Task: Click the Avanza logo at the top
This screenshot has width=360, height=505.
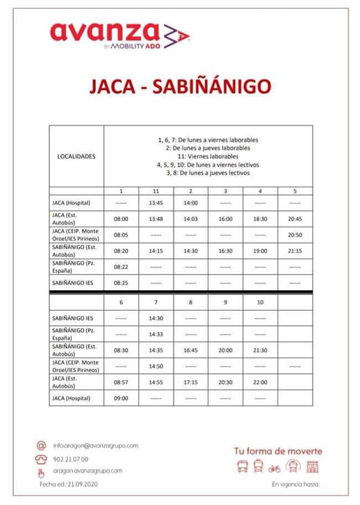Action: pyautogui.click(x=120, y=34)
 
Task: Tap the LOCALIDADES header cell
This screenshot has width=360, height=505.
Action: pyautogui.click(x=76, y=156)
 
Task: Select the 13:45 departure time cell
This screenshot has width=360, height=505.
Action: pyautogui.click(x=156, y=203)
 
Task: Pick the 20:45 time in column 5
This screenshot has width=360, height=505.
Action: pyautogui.click(x=295, y=219)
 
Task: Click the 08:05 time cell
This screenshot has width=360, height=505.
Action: pyautogui.click(x=121, y=235)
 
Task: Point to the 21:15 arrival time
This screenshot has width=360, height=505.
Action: pyautogui.click(x=295, y=251)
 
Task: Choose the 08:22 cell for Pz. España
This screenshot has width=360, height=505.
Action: pyautogui.click(x=121, y=267)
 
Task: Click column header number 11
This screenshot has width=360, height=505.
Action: pyautogui.click(x=156, y=191)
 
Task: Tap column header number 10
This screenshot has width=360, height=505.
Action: pyautogui.click(x=260, y=302)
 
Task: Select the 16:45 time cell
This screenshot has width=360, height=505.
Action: pyautogui.click(x=191, y=350)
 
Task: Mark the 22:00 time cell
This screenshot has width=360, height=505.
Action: pyautogui.click(x=260, y=382)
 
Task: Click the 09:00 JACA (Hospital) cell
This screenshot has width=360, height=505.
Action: pyautogui.click(x=121, y=398)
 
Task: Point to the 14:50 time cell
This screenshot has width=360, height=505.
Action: pyautogui.click(x=156, y=366)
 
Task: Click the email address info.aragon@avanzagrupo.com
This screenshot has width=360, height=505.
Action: pyautogui.click(x=95, y=445)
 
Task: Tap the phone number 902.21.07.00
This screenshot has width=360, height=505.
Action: pyautogui.click(x=70, y=459)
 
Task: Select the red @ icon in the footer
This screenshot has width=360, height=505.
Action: pyautogui.click(x=40, y=446)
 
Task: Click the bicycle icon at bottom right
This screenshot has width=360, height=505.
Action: pyautogui.click(x=274, y=468)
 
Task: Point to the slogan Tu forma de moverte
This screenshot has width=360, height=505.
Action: pyautogui.click(x=277, y=451)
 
